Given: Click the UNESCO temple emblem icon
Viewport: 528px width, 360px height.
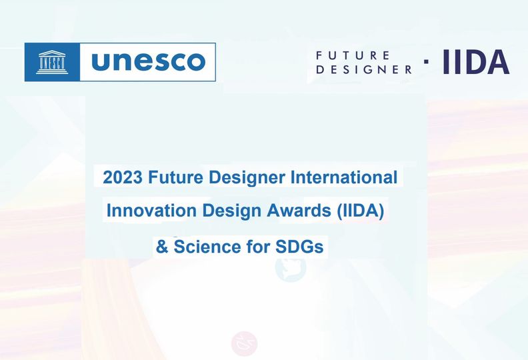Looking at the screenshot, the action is click(52, 62).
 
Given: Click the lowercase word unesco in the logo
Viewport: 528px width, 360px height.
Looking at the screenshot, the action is click(148, 61).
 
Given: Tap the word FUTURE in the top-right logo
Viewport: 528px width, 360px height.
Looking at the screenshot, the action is click(353, 55).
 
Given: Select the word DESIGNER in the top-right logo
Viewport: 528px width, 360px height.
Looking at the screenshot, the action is click(364, 69).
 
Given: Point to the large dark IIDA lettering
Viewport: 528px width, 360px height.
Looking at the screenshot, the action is click(476, 61).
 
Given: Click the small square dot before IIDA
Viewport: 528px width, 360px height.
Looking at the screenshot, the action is click(426, 61).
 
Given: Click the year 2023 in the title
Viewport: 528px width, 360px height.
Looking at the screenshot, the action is click(123, 177).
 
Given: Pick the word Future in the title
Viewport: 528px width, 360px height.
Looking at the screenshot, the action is click(175, 177).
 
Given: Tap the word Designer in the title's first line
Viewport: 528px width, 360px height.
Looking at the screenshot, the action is click(247, 178).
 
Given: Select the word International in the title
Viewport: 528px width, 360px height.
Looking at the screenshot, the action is click(344, 177).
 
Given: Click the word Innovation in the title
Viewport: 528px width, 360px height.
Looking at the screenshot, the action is click(151, 211).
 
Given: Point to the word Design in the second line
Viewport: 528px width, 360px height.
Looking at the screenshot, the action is click(232, 211).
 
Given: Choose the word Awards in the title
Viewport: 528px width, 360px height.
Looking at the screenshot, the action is click(299, 211).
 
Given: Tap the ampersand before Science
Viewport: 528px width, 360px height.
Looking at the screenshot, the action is click(162, 247).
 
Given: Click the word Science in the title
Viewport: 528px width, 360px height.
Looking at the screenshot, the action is click(207, 247).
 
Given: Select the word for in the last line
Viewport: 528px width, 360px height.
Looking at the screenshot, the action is click(258, 247).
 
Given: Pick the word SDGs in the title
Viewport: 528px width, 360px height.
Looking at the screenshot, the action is click(299, 247).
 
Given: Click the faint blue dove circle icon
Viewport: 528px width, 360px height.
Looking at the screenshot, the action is click(291, 267).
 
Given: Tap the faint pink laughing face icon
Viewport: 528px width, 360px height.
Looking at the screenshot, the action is click(245, 343).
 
